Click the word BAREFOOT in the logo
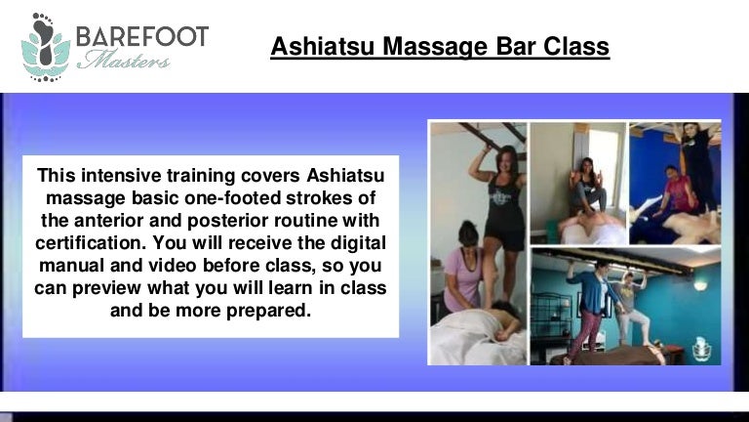[x=142, y=36]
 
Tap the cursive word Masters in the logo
[x=124, y=61]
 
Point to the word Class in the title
[x=576, y=47]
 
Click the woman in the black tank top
[x=500, y=211]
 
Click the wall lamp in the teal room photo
[x=699, y=285]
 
